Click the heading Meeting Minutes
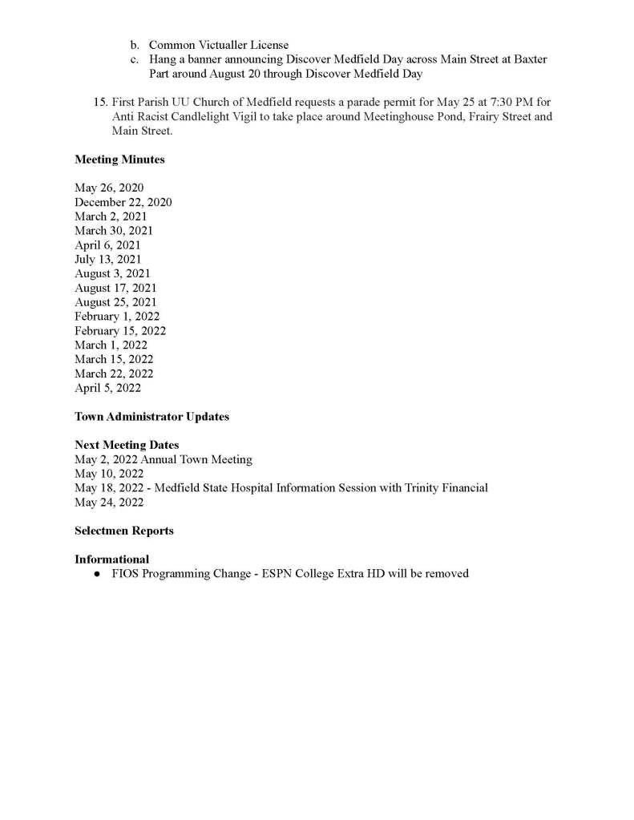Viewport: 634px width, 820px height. (x=119, y=160)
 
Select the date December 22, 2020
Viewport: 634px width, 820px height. (x=123, y=202)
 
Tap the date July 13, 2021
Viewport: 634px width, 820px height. (x=107, y=259)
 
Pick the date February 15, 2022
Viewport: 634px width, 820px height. (x=120, y=330)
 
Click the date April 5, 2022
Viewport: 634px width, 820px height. (x=107, y=388)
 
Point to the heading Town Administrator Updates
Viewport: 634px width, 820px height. (x=151, y=417)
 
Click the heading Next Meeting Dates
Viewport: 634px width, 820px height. (x=127, y=445)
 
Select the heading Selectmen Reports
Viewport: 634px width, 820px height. (x=123, y=531)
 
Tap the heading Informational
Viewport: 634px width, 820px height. (x=111, y=559)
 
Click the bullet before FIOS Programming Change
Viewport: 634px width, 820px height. (x=96, y=574)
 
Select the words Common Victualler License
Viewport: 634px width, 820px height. (x=219, y=45)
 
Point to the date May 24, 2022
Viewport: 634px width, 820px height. (x=109, y=502)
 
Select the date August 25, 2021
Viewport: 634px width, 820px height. (x=115, y=302)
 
